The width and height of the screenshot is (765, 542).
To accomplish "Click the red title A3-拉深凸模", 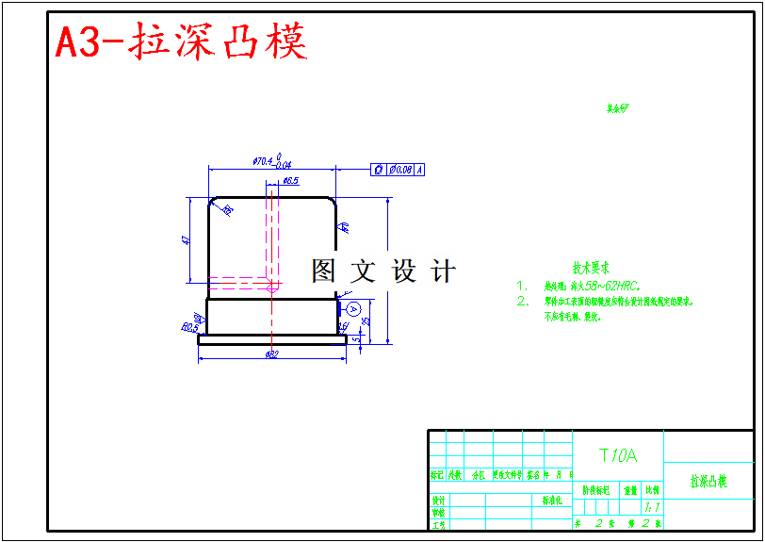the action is point(181,42).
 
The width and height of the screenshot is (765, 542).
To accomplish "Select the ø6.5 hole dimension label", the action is point(289,179).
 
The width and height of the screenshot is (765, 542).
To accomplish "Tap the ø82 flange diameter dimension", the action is point(271,354).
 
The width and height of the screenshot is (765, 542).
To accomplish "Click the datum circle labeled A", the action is point(353,308).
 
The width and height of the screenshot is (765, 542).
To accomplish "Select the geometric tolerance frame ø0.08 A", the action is point(399,170).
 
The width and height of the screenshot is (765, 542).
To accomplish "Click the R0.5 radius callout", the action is point(188,328).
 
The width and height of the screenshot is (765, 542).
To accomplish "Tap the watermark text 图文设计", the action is point(383,271).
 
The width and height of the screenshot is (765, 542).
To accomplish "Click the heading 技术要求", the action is point(592,268).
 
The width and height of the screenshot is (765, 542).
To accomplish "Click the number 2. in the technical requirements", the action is point(523,302).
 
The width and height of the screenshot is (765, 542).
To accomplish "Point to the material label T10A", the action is point(618,456).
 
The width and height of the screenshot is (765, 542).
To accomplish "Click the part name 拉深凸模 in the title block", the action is point(708,482).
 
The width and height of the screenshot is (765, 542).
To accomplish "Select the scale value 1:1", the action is point(652,507).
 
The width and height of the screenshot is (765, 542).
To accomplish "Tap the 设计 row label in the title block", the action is point(438,501).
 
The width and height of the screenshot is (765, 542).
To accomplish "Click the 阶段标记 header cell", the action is point(595,491).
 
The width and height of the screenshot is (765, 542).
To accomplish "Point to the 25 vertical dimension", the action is point(366,321).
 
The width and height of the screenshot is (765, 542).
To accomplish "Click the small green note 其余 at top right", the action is point(617,108).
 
